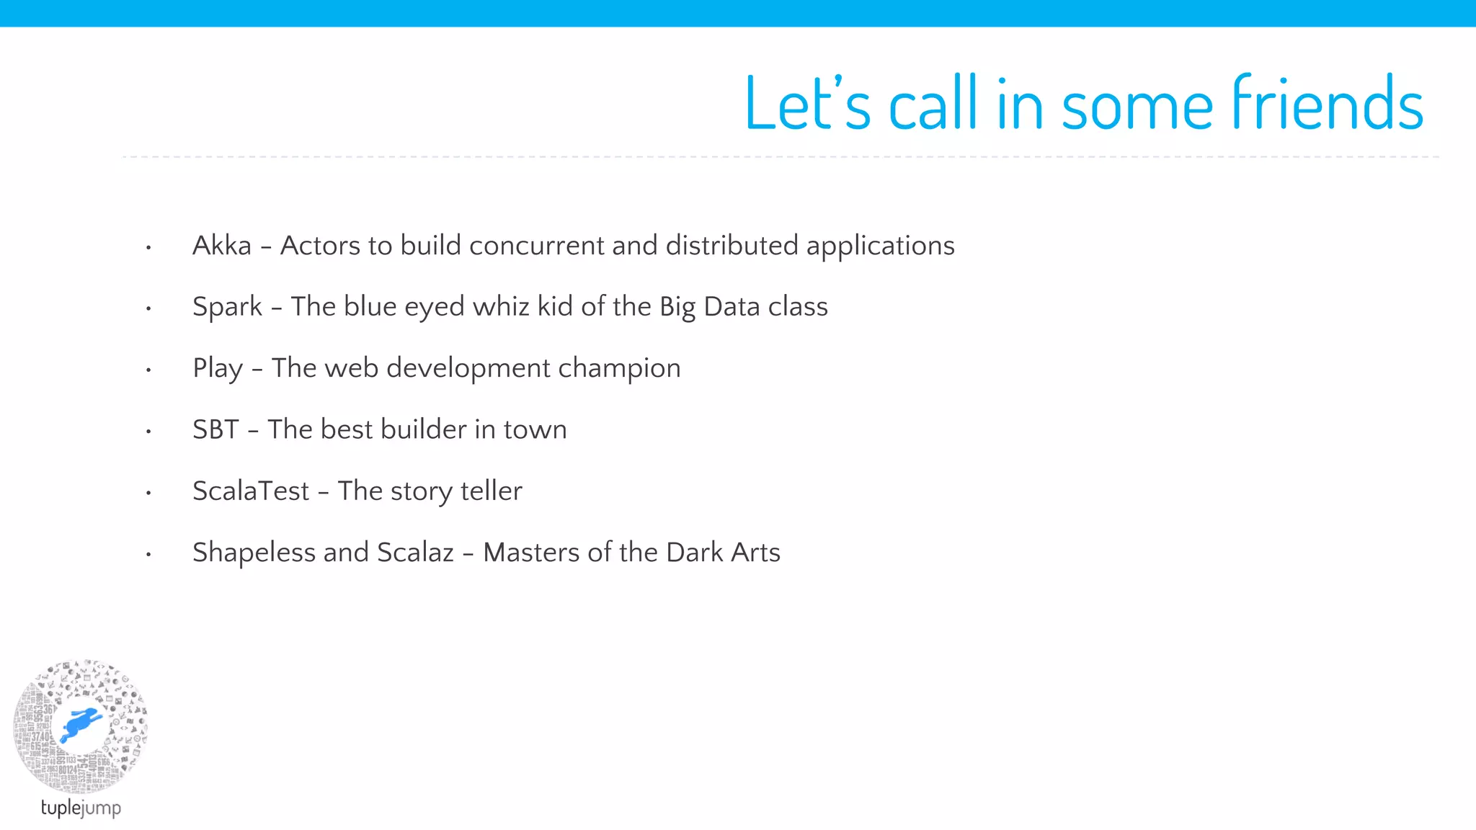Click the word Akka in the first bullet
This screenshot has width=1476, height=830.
point(222,246)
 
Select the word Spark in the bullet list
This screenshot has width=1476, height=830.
point(227,307)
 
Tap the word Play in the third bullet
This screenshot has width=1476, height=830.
point(218,369)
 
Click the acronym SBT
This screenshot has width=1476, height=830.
point(215,430)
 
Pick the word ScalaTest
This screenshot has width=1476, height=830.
point(251,491)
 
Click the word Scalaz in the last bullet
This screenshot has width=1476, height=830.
point(415,553)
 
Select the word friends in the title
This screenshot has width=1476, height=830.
point(1327,104)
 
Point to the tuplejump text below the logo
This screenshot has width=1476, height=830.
point(81,808)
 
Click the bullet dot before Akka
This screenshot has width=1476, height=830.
point(148,248)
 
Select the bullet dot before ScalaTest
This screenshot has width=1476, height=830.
point(148,494)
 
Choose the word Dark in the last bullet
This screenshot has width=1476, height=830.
point(694,553)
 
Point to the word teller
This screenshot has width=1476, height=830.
point(492,491)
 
